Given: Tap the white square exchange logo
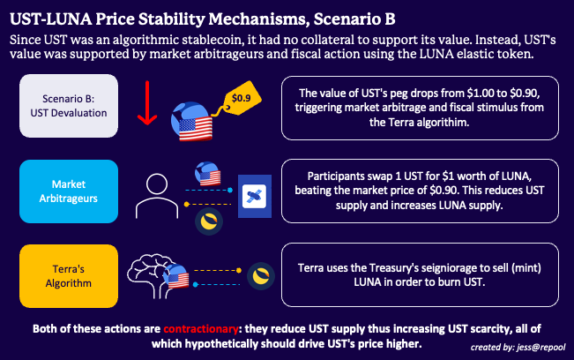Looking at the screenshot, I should [254, 196].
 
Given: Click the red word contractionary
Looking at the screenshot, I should [196, 328].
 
